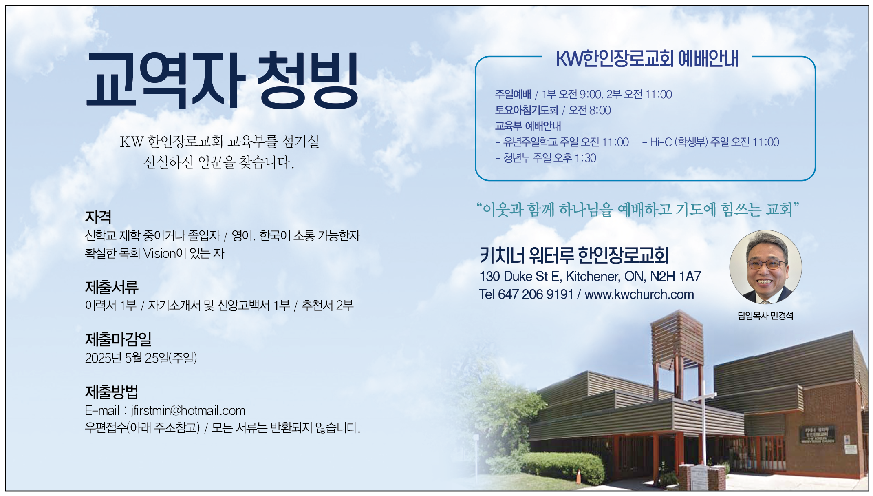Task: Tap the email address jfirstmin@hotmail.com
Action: coord(188,410)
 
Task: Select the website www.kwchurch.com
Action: coord(639,294)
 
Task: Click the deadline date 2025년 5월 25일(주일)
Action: coord(141,358)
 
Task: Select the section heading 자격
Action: coord(98,217)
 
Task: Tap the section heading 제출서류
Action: coord(112,287)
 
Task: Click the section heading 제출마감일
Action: coord(118,339)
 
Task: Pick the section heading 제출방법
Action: coord(112,392)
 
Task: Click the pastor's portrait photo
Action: coord(765,267)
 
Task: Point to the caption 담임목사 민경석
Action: coord(765,316)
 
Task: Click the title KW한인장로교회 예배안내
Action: coord(647,59)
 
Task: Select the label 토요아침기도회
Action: coord(526,110)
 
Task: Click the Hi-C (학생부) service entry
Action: coord(711,142)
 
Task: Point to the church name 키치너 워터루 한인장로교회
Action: coord(574,255)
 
